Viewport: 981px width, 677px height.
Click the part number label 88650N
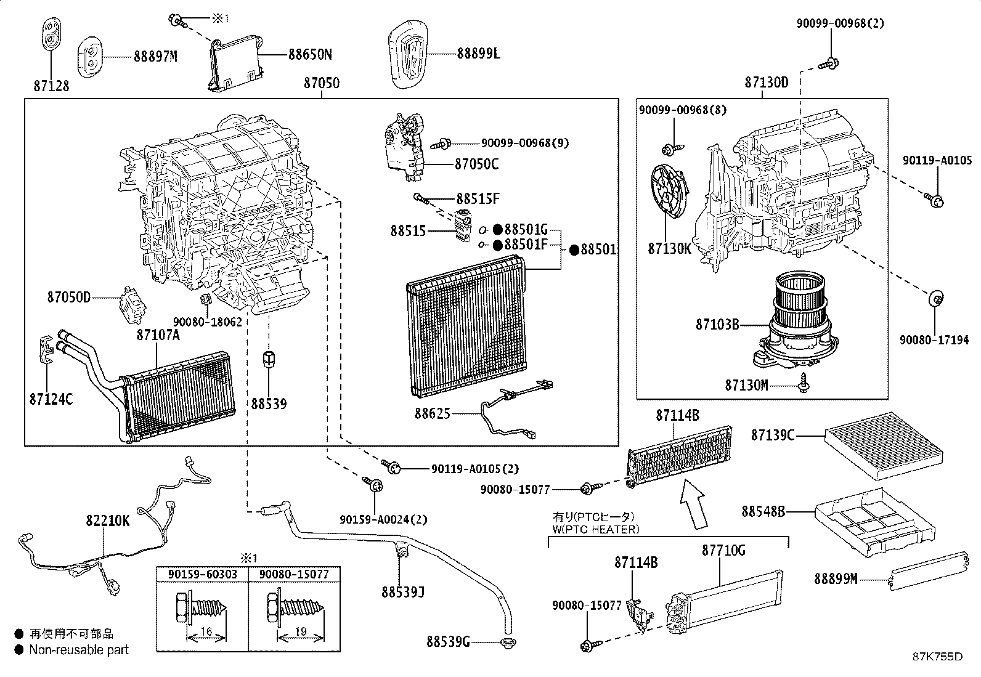point(310,54)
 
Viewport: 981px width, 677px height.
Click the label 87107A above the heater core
point(158,334)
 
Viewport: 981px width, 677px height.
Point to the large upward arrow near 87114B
point(694,504)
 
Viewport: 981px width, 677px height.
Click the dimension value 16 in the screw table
point(206,631)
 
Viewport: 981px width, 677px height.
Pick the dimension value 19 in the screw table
point(300,631)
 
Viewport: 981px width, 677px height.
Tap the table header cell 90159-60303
point(201,574)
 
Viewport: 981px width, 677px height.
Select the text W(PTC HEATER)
point(596,529)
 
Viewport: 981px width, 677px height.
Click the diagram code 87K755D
point(937,656)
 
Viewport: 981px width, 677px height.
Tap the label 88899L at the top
point(478,54)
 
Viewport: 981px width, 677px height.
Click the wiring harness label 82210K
point(108,521)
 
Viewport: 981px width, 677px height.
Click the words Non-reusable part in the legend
point(79,649)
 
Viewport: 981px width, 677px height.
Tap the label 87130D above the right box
point(766,83)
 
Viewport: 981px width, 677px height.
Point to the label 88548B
point(763,511)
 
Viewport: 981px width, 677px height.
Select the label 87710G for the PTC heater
point(723,550)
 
